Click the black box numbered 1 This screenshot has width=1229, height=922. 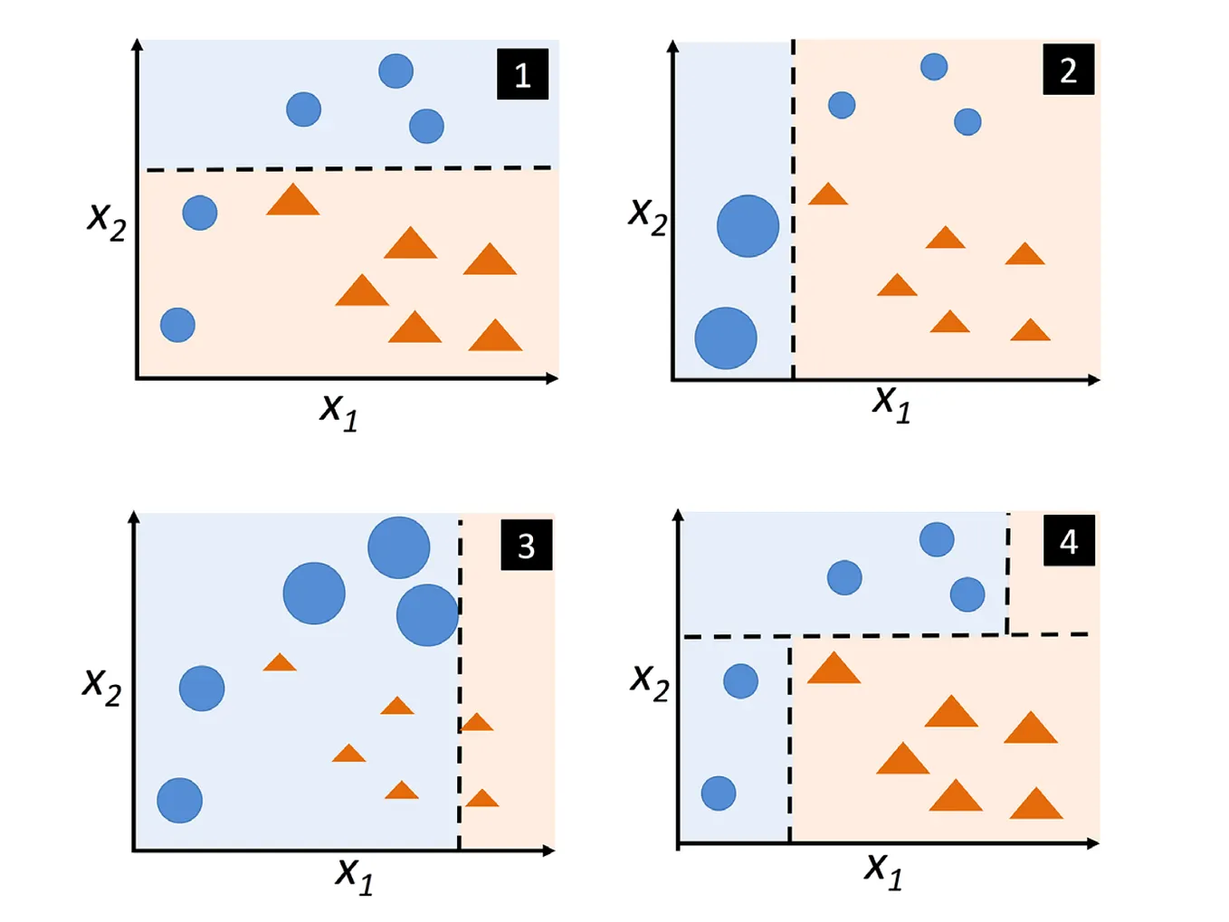click(x=522, y=74)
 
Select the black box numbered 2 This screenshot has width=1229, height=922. click(x=1068, y=70)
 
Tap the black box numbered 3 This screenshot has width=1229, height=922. click(x=526, y=546)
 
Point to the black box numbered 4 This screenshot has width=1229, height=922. click(x=1069, y=541)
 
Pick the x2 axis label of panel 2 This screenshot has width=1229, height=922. click(x=648, y=214)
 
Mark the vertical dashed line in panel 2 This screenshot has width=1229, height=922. click(x=794, y=208)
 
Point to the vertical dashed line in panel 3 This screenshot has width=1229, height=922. click(x=460, y=679)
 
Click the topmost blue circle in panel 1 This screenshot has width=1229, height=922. click(x=395, y=71)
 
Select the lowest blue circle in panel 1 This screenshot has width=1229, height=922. click(x=177, y=325)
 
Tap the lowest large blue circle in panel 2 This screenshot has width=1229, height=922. click(x=726, y=338)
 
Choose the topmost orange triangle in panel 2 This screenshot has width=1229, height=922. click(x=828, y=195)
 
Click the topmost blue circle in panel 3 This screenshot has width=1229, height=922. click(x=398, y=548)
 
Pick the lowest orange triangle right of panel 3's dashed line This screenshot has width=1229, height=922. click(x=481, y=799)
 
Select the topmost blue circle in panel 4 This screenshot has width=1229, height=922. click(x=937, y=539)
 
